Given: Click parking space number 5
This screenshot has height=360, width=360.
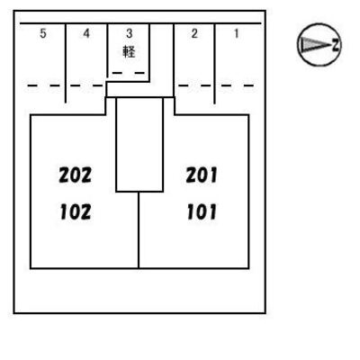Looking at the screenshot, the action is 43,33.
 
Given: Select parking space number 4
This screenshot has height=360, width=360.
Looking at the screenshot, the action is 86,33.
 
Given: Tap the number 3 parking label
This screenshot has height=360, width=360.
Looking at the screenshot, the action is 130,33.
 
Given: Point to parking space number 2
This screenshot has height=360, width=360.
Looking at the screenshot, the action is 194,33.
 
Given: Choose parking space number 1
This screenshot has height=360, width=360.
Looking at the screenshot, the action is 237,33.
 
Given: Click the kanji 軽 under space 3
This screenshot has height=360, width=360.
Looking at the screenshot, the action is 129,51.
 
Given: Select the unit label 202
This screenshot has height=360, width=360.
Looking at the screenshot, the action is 75,175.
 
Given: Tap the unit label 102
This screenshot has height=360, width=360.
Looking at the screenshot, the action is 76,211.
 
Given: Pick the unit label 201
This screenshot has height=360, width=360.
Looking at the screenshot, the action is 202,175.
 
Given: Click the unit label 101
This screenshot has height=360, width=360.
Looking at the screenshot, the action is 202,211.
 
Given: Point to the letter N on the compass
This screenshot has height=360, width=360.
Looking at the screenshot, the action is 336,45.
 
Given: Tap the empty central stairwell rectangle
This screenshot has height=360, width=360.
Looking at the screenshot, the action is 139,145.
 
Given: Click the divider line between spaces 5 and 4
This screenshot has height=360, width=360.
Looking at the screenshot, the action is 66,63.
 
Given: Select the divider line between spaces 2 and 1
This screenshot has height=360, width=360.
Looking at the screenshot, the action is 215,64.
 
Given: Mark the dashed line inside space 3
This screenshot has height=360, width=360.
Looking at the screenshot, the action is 129,73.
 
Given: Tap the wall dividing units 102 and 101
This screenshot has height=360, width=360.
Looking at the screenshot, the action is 139,230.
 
